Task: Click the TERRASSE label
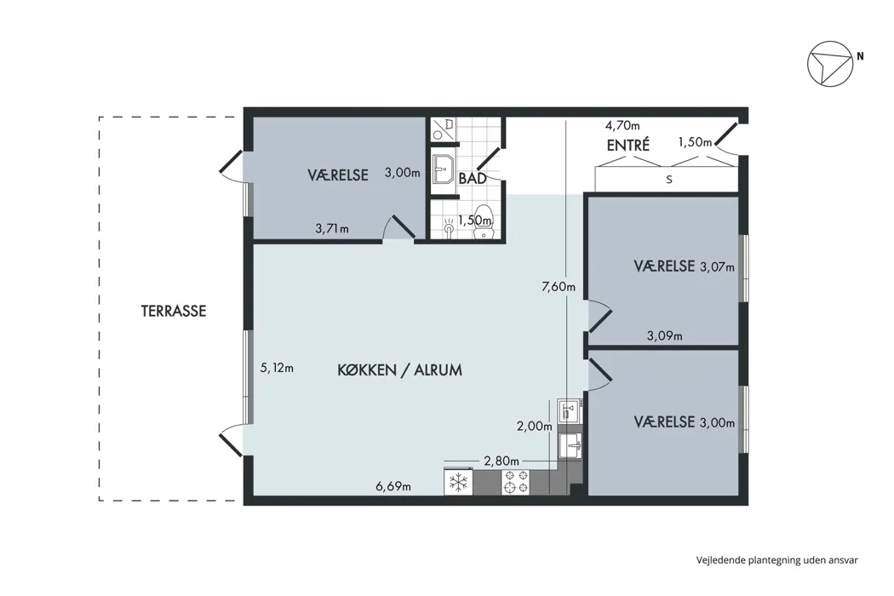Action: (x=174, y=311)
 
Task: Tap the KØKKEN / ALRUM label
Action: (x=399, y=370)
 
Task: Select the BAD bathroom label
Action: (x=473, y=179)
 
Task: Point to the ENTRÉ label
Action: (x=628, y=145)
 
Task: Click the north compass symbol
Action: (x=830, y=64)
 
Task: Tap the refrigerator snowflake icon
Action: (x=458, y=483)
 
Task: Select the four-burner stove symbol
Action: (x=515, y=482)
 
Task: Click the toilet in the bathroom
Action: (x=484, y=221)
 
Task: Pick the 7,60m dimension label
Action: (x=559, y=286)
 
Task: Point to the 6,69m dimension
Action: (x=393, y=486)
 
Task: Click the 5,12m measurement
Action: (x=277, y=368)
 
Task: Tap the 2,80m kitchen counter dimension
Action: (x=501, y=461)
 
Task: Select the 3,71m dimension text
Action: (x=332, y=229)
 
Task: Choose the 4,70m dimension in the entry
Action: (x=622, y=125)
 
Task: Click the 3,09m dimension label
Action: (x=664, y=336)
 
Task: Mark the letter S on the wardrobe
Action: (x=669, y=180)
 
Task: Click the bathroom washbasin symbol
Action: (x=443, y=169)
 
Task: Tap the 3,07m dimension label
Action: (x=717, y=266)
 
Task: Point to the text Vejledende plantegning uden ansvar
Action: (x=777, y=560)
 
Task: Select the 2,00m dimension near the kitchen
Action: (x=534, y=426)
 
